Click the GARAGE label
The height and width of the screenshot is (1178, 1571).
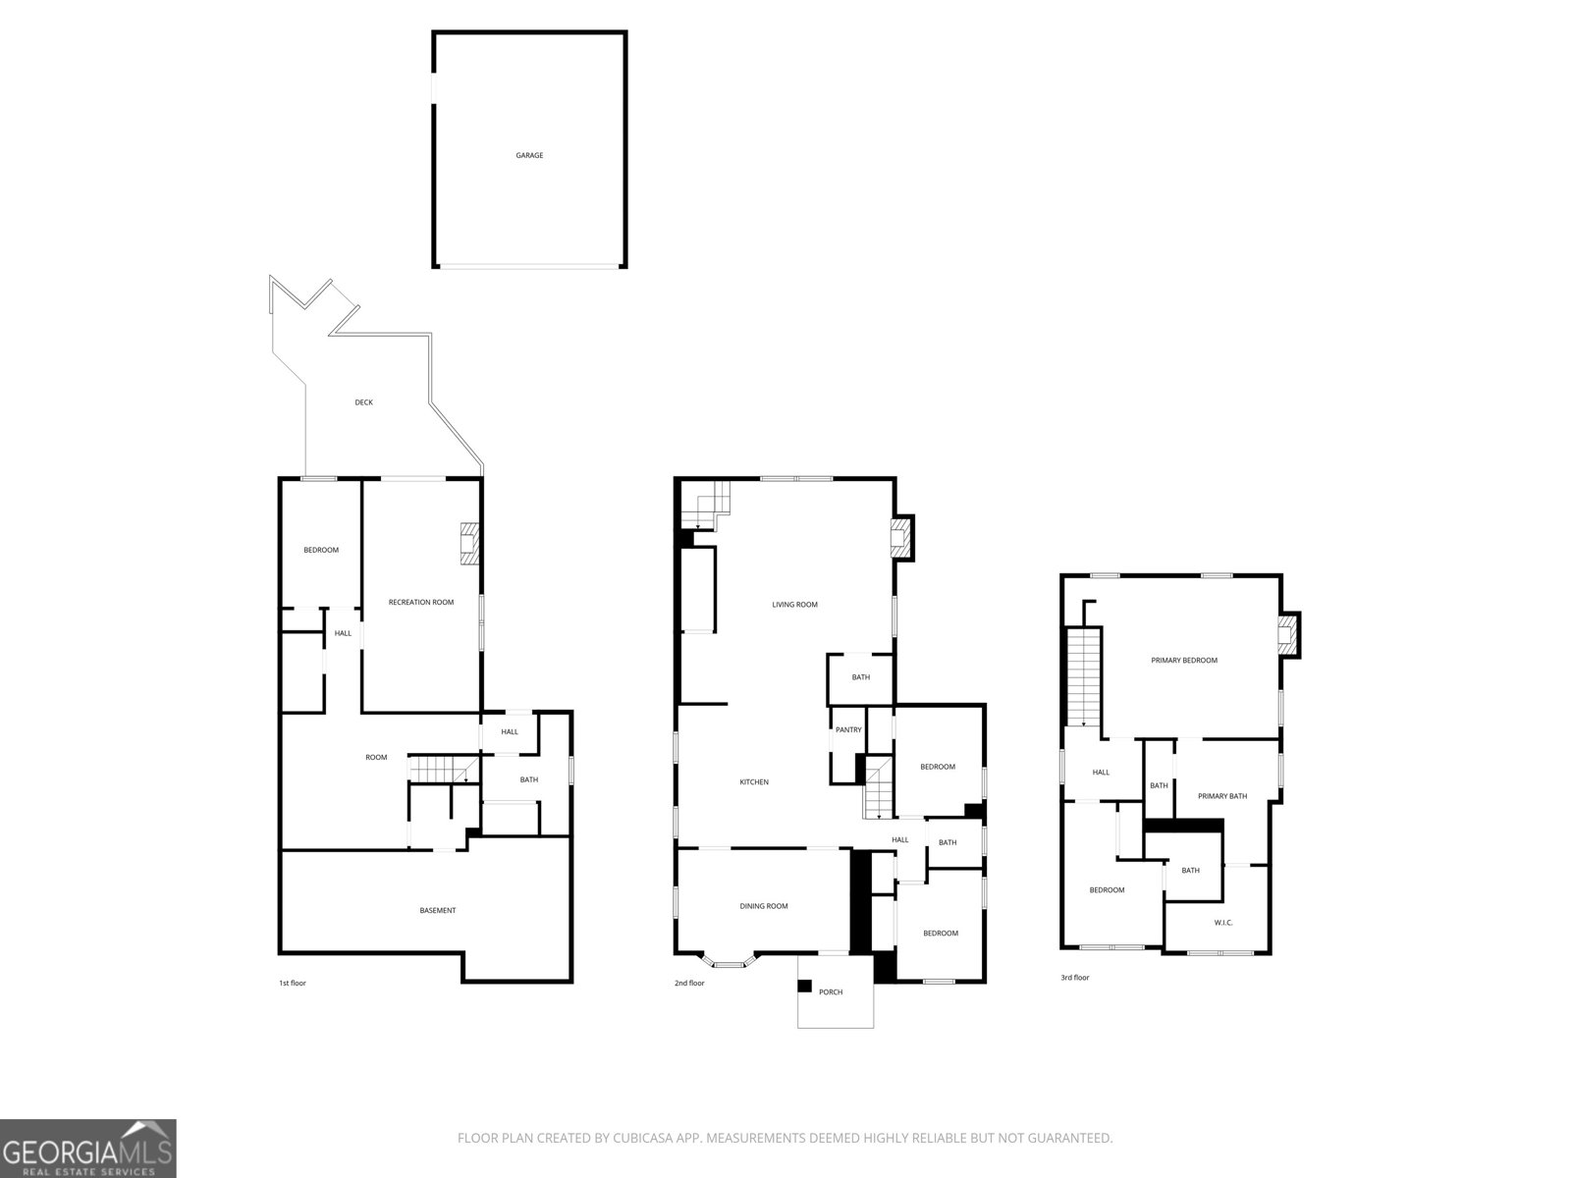pyautogui.click(x=529, y=155)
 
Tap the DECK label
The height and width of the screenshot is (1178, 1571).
pyautogui.click(x=363, y=402)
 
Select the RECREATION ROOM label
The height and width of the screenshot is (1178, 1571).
pyautogui.click(x=421, y=602)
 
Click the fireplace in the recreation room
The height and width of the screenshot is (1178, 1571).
pyautogui.click(x=469, y=544)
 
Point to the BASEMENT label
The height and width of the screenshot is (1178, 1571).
pyautogui.click(x=437, y=910)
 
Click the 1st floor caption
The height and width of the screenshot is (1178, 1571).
pyautogui.click(x=293, y=983)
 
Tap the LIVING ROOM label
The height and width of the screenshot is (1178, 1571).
pyautogui.click(x=794, y=605)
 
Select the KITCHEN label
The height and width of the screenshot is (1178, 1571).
pyautogui.click(x=754, y=782)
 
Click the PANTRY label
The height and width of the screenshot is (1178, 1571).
pyautogui.click(x=848, y=729)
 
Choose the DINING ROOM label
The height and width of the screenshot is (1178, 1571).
pyautogui.click(x=764, y=906)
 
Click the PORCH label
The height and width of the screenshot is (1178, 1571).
pyautogui.click(x=831, y=991)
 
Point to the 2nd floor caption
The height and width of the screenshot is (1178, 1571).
pyautogui.click(x=689, y=983)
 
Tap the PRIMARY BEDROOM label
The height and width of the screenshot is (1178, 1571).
pyautogui.click(x=1184, y=661)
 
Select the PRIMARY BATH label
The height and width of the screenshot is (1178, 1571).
pyautogui.click(x=1222, y=796)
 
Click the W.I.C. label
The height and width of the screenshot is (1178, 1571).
pyautogui.click(x=1223, y=923)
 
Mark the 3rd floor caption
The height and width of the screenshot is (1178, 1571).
pyautogui.click(x=1075, y=978)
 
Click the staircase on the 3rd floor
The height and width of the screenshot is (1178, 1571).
pyautogui.click(x=1083, y=677)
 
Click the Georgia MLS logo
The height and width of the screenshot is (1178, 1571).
pyautogui.click(x=87, y=1149)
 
